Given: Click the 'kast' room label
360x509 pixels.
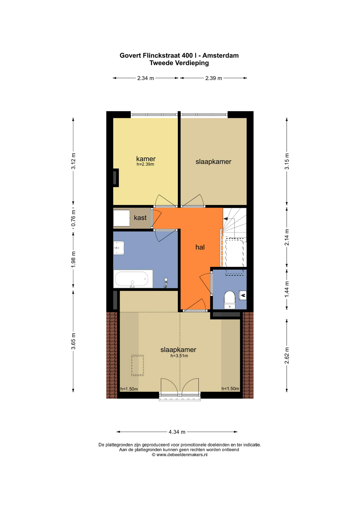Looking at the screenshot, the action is point(140,218).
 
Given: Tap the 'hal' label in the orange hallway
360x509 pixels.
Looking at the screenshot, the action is point(200,247).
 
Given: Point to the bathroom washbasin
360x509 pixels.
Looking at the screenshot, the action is point(119,248).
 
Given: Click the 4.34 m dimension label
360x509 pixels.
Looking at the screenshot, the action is point(177,432).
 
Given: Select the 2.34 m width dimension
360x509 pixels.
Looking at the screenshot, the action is point(146,78).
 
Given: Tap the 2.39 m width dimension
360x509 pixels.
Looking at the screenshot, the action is point(214,78).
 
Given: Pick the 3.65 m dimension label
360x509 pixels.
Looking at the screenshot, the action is point(73,341).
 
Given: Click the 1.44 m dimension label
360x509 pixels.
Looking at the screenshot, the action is point(287,289).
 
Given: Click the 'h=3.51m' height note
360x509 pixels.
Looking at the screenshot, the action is point(179,356).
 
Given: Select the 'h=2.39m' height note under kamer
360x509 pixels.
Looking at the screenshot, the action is point(145,164).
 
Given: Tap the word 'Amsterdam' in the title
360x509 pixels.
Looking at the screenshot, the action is point(221,55).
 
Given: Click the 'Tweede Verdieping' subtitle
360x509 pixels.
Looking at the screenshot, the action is point(179,63).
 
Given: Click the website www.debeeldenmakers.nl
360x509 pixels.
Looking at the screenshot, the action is point(182,455).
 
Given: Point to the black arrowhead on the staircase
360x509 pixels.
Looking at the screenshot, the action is point(226,219).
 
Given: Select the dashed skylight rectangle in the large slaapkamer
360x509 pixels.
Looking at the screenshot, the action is point(138,365).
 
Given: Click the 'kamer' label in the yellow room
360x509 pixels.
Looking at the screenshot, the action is point(146,159).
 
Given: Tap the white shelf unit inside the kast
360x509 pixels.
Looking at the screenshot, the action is point(121,218).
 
